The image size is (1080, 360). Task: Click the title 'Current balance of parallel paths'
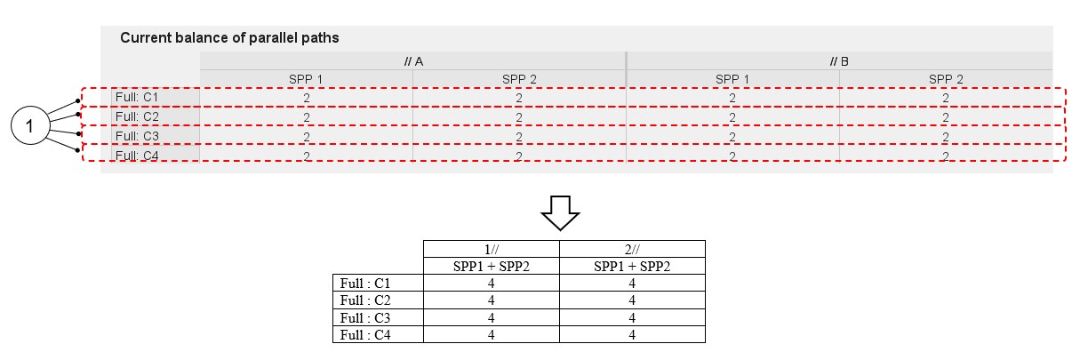point(229,37)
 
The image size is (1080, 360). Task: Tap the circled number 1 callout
point(30,125)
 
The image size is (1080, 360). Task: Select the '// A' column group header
point(413,61)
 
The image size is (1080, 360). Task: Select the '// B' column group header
point(839,61)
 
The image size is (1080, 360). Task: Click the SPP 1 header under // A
point(306,79)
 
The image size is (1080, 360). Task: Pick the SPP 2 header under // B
point(946,79)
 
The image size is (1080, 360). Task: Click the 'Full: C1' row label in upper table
point(137,98)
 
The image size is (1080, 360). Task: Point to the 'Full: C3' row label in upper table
point(137,136)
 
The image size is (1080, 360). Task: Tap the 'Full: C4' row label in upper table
point(137,156)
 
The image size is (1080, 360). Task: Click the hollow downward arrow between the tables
point(560,212)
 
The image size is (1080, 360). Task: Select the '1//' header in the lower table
point(492,249)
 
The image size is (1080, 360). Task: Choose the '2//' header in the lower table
point(632,249)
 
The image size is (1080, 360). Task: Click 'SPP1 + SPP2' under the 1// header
point(492,267)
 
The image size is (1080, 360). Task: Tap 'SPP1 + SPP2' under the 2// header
point(632,267)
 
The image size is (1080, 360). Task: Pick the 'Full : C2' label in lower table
point(365,300)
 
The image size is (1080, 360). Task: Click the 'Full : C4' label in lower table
point(365,335)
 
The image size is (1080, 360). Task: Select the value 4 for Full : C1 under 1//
point(492,284)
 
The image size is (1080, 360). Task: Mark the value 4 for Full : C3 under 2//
point(632,318)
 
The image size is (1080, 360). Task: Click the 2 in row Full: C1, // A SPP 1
point(307,99)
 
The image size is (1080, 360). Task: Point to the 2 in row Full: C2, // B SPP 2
point(946,117)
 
